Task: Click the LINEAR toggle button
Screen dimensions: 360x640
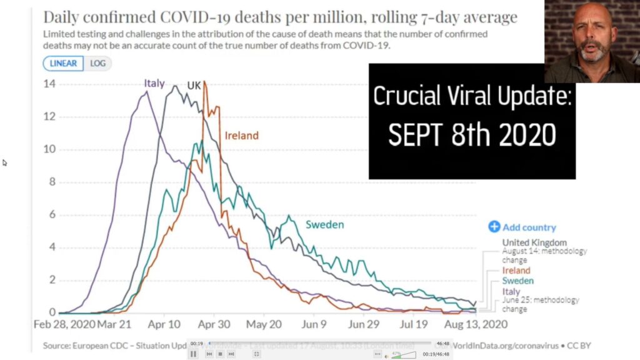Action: tap(63, 63)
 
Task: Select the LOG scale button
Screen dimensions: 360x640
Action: tap(97, 63)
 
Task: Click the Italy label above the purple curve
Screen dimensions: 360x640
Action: tap(154, 83)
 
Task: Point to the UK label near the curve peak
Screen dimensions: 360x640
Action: tap(194, 86)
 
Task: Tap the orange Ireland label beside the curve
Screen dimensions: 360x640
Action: tap(241, 135)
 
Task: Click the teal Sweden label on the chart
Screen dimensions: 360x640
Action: tap(325, 224)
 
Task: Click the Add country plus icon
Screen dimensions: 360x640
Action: tap(494, 227)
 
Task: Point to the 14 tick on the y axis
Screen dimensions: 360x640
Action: tap(48, 84)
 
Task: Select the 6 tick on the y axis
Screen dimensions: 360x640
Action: tap(52, 215)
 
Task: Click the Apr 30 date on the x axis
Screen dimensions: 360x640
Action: tap(214, 325)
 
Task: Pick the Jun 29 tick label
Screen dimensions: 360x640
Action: tap(363, 325)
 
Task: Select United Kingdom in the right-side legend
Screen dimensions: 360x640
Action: tap(534, 242)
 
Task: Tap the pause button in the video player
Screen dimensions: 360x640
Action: tap(193, 354)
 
